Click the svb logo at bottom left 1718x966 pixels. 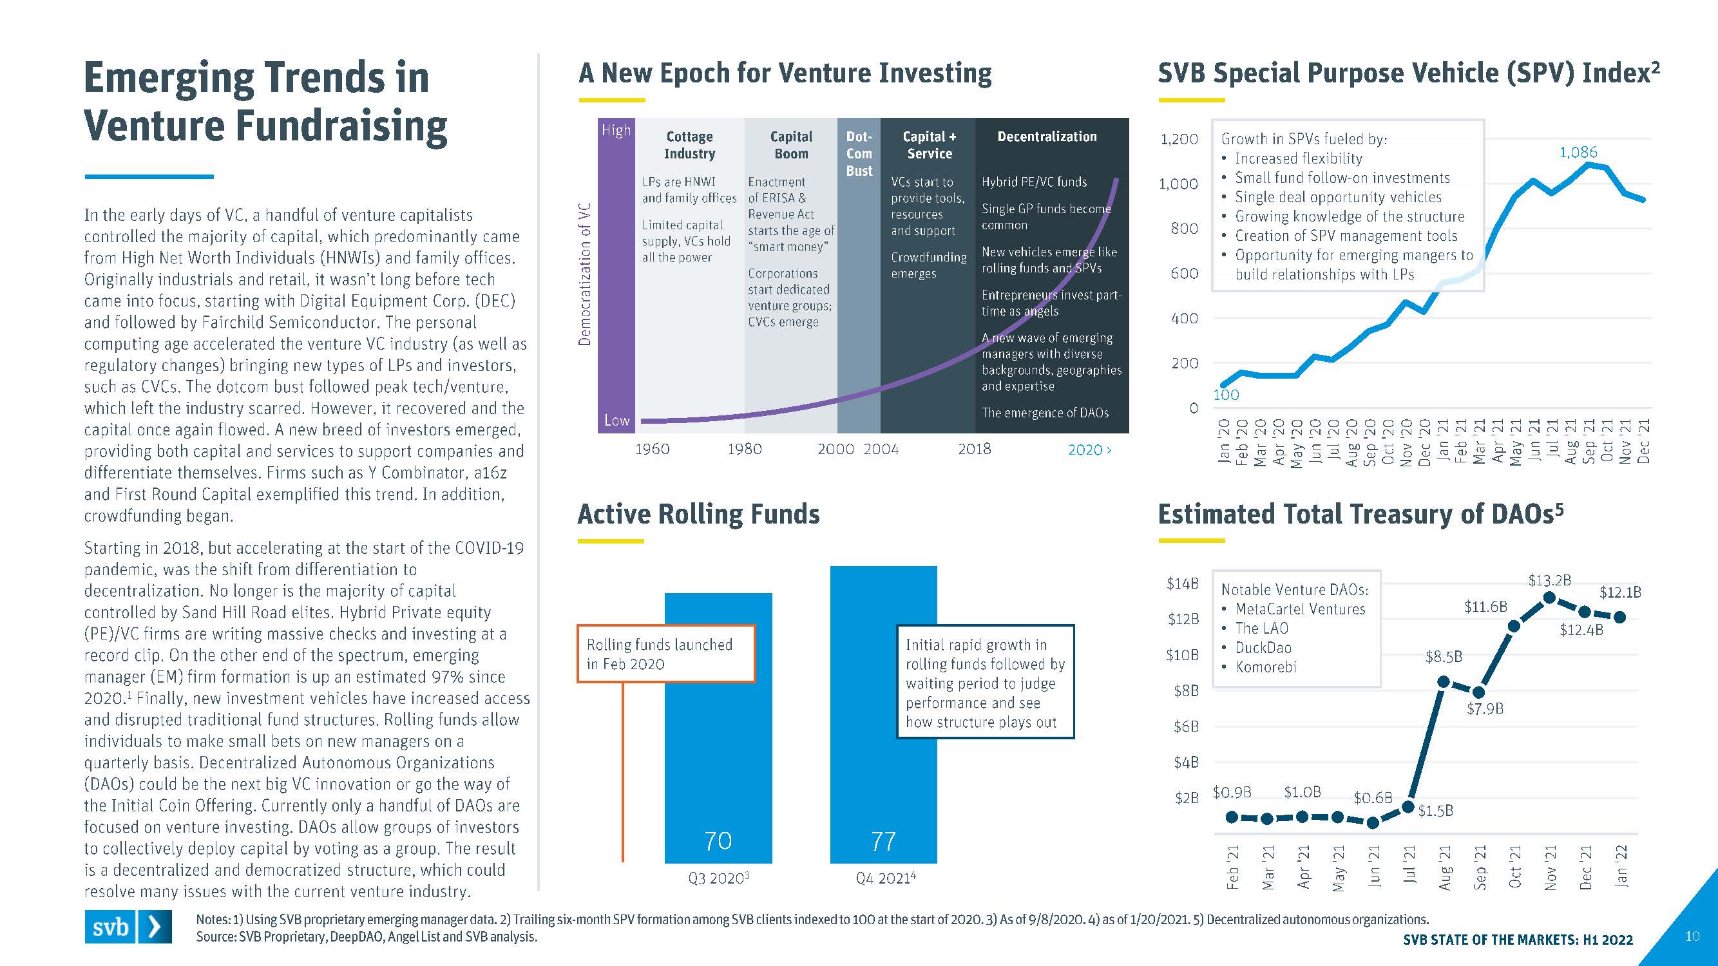tap(128, 926)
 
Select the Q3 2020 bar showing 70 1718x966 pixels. tap(718, 727)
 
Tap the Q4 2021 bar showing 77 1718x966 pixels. tap(883, 714)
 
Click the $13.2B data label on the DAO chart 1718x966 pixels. tap(1549, 580)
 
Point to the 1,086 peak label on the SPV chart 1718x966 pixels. tap(1578, 152)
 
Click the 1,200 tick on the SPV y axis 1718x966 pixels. tap(1179, 138)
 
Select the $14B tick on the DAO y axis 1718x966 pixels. tap(1183, 583)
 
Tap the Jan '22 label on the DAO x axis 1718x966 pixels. tap(1621, 866)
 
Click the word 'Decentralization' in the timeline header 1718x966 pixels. tap(1046, 136)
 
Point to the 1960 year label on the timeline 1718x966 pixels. tap(652, 449)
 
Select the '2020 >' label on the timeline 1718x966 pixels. tap(1089, 450)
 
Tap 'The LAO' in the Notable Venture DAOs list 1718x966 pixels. tap(1261, 628)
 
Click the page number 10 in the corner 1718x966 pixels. tap(1692, 936)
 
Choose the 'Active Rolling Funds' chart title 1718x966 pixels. tap(698, 514)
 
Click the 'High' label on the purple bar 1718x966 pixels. tap(616, 130)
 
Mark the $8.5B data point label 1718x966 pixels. tap(1443, 657)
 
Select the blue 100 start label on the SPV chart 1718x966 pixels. tap(1226, 395)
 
